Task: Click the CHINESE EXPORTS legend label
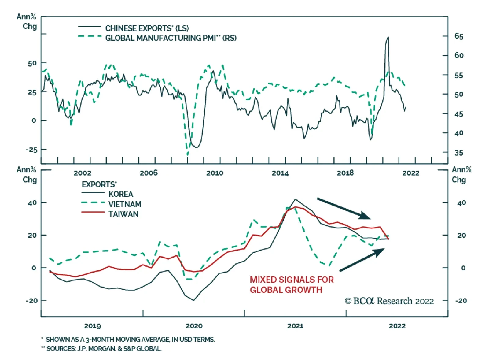(x=147, y=28)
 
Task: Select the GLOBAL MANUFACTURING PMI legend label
(x=171, y=38)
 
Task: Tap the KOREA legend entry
(x=120, y=194)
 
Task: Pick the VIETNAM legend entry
(x=125, y=204)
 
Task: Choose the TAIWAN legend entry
(x=123, y=214)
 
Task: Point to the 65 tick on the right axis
(x=459, y=36)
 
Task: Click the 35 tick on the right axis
(x=459, y=153)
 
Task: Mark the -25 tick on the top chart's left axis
(x=31, y=150)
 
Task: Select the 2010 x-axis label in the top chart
(x=215, y=173)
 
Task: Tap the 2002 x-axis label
(x=82, y=173)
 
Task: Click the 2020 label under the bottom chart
(x=194, y=326)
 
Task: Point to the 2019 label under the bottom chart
(x=92, y=326)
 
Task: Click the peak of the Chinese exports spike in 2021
(x=388, y=37)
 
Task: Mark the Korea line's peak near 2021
(x=295, y=199)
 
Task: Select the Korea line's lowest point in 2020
(x=193, y=300)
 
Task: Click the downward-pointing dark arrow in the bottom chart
(x=344, y=209)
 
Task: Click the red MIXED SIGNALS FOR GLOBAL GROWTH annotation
(x=292, y=285)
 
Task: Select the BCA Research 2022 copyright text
(x=389, y=301)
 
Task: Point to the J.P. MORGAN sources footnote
(x=104, y=349)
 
